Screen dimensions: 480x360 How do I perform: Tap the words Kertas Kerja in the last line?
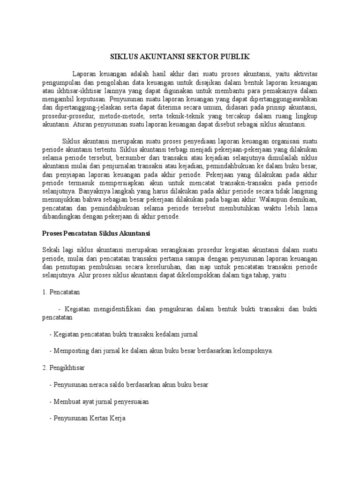[108, 418]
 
